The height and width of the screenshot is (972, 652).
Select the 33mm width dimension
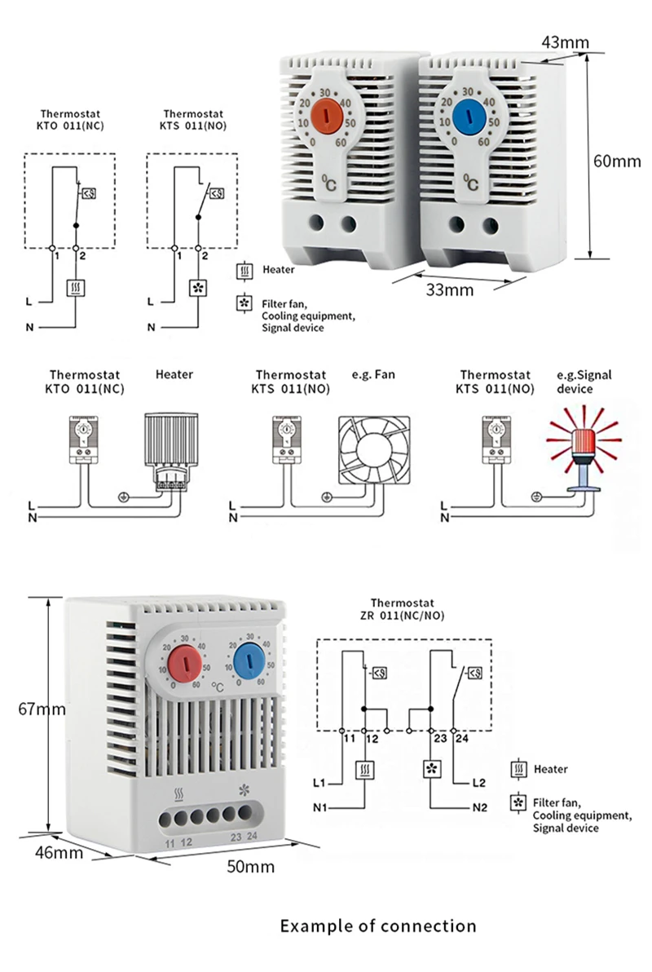click(x=447, y=289)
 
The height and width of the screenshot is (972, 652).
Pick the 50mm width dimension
click(x=250, y=866)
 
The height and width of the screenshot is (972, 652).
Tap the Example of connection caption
click(x=378, y=926)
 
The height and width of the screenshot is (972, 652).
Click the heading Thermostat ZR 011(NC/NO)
click(x=401, y=610)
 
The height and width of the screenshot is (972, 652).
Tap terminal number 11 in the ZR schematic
click(x=349, y=739)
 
